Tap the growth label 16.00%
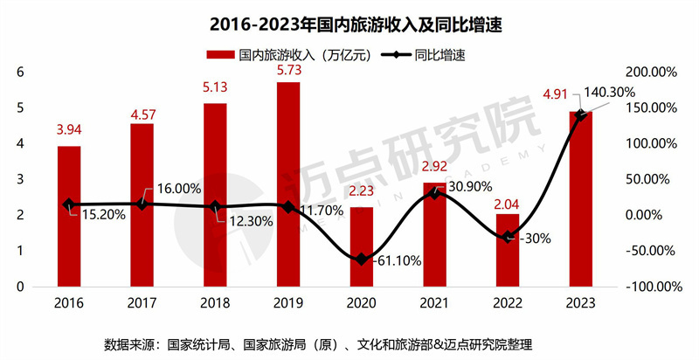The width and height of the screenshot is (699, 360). [x=180, y=188]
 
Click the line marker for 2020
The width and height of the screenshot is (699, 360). [x=362, y=260]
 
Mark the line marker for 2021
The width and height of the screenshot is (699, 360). [x=434, y=193]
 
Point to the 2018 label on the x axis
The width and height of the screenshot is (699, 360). [x=215, y=301]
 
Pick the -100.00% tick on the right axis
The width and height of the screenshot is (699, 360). [x=650, y=287]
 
